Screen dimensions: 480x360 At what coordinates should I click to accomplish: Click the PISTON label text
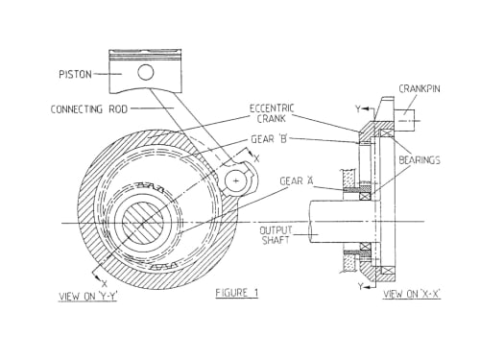coord(75,75)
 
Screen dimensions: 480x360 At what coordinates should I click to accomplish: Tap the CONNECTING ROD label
coord(89,109)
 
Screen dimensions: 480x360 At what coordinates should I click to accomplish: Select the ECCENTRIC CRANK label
coord(272,113)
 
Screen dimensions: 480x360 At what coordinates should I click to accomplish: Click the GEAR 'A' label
coord(297,181)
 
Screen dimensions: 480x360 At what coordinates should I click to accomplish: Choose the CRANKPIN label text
coord(420,88)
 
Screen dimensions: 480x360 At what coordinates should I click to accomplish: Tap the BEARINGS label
coord(420,160)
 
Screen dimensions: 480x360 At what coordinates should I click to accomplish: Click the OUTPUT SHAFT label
coord(276,235)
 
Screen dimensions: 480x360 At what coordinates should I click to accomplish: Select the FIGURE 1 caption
coord(237,293)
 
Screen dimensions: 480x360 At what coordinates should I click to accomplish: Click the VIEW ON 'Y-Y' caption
coord(87,297)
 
